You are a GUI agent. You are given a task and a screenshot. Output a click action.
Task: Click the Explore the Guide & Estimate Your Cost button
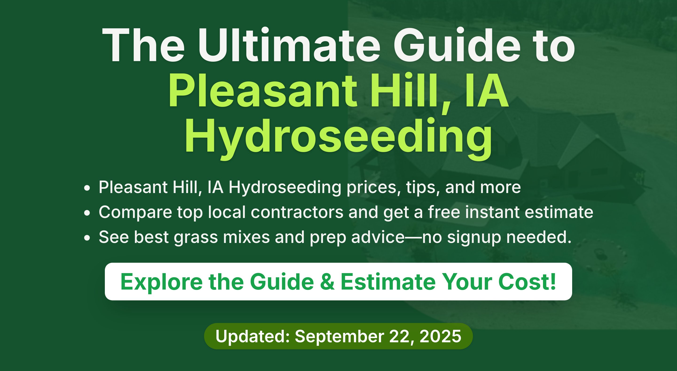[338, 281]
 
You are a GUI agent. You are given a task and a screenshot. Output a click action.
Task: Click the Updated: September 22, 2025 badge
[338, 336]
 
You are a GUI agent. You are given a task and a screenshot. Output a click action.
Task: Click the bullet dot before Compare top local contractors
[87, 213]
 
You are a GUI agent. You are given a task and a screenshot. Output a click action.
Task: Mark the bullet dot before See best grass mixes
[87, 238]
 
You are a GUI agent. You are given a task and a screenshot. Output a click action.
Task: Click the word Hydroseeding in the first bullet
[285, 187]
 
